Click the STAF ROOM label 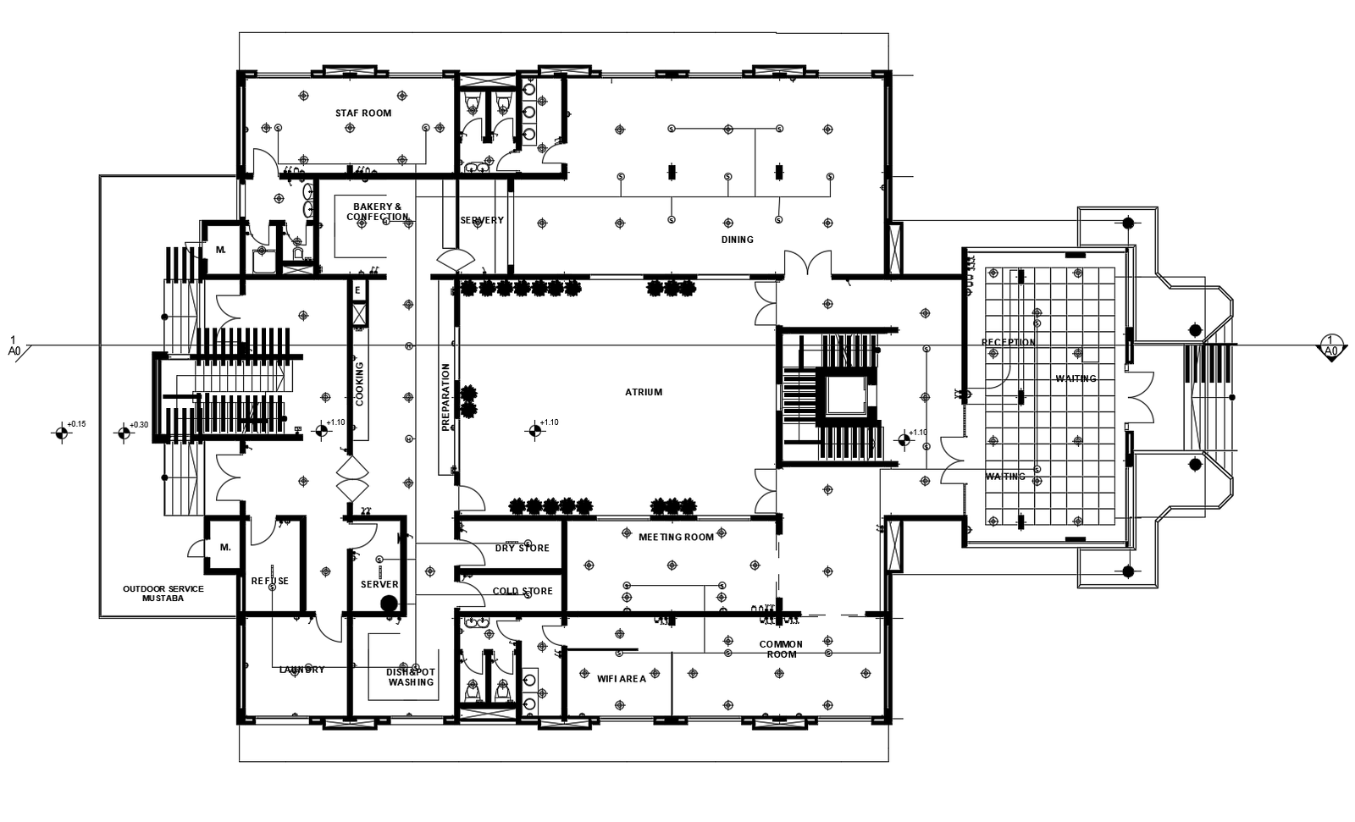tap(363, 113)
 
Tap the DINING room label tap(737, 240)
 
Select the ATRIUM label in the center tap(644, 392)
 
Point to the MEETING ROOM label tap(676, 537)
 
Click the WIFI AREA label tap(622, 679)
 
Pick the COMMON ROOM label tap(781, 649)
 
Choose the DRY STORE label tap(523, 548)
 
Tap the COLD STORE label tap(523, 592)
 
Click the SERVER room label tap(379, 584)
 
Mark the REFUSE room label tap(270, 581)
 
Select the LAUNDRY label tap(302, 670)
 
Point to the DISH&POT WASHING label tap(411, 676)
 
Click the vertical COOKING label tap(360, 384)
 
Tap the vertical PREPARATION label tap(445, 398)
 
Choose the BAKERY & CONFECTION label tap(378, 212)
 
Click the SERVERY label tap(482, 220)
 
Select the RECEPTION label tap(1008, 343)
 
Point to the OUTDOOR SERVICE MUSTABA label tap(163, 593)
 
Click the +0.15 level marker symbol tap(61, 434)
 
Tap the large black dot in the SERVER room tap(389, 604)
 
